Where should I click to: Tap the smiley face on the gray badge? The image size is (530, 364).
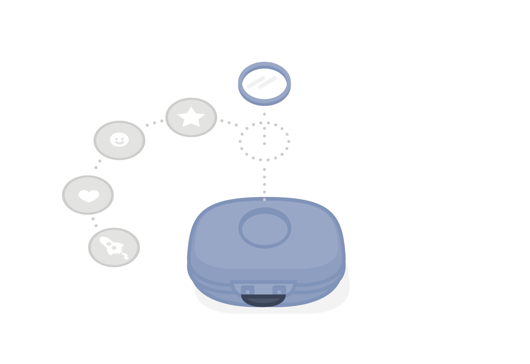119,140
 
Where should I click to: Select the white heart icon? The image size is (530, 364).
89,195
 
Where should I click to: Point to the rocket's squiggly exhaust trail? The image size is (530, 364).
125,256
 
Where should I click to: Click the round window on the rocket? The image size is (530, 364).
114,248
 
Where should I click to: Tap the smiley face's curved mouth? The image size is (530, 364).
119,143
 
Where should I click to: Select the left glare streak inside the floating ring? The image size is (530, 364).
256,82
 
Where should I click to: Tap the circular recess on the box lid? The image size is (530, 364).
265,228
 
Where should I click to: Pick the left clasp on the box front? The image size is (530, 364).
247,290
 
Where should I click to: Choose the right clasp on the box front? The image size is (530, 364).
279,290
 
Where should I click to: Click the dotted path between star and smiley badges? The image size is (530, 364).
154,123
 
